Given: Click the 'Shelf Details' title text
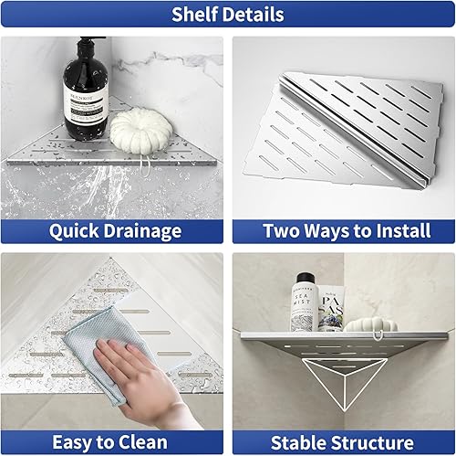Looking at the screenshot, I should click(228, 15).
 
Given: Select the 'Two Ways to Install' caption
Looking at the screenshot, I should click(342, 231).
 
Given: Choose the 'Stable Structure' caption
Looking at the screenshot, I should click(342, 441).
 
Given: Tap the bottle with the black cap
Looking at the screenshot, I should click(303, 302).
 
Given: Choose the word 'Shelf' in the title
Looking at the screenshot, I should click(197, 15).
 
